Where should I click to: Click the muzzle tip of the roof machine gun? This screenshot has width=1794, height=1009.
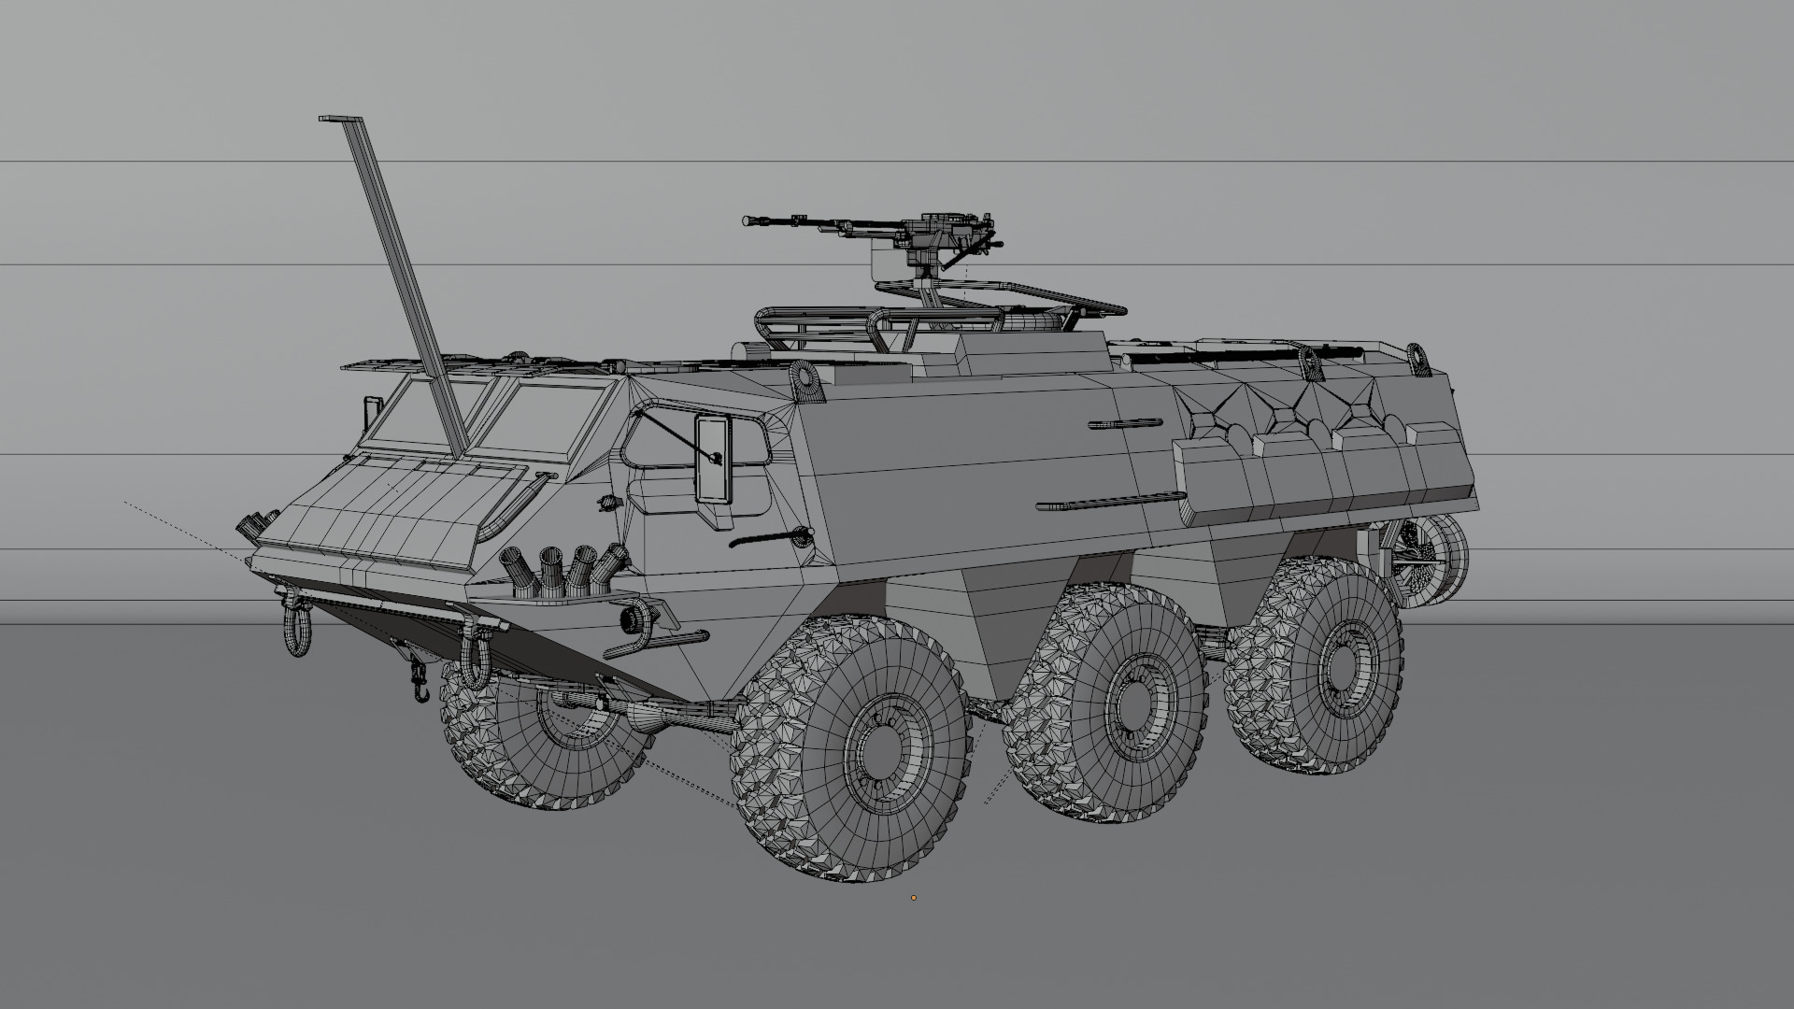pyautogui.click(x=747, y=220)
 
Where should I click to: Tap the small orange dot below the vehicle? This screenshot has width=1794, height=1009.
pyautogui.click(x=914, y=899)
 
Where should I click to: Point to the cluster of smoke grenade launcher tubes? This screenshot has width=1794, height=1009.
pyautogui.click(x=565, y=568)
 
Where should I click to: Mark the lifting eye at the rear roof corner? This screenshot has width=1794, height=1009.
pyautogui.click(x=1419, y=360)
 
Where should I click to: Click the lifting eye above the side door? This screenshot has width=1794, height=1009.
pyautogui.click(x=804, y=380)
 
